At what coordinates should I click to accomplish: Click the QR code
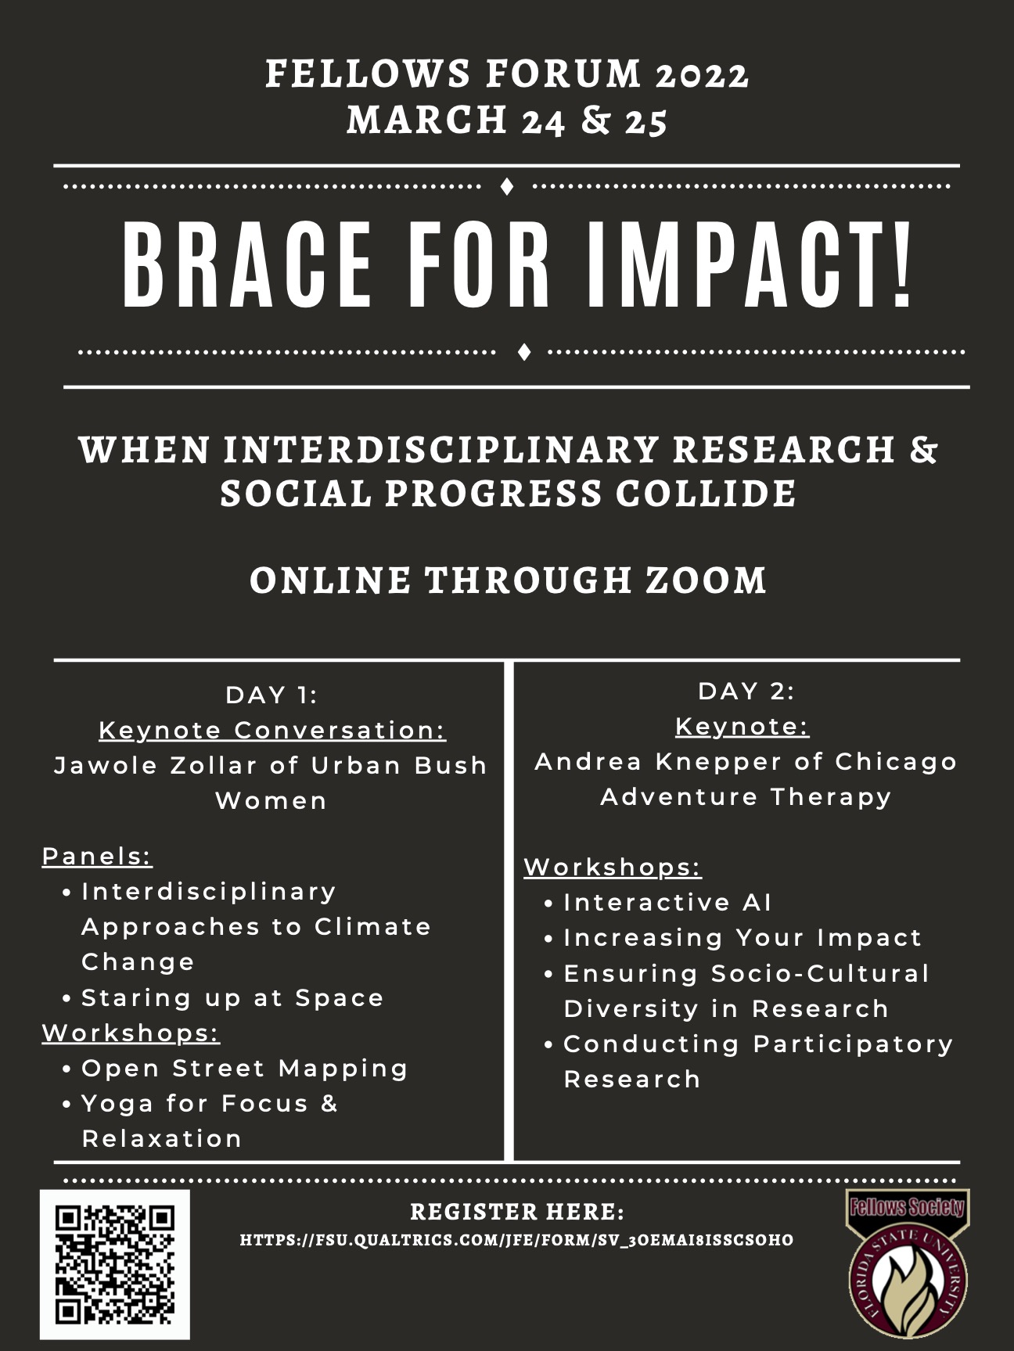tap(115, 1264)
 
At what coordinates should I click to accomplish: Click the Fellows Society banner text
tap(908, 1207)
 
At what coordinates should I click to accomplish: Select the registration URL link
tap(516, 1240)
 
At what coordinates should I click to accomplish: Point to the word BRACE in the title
tap(247, 266)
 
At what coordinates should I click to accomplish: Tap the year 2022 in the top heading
tap(703, 75)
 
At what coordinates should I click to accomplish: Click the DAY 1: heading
tap(271, 695)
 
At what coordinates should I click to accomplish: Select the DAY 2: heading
tap(746, 691)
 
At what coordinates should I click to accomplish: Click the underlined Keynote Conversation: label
tap(272, 731)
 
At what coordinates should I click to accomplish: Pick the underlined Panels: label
tap(97, 857)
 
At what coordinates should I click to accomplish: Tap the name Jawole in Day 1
tap(105, 765)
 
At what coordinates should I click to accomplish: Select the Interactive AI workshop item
tap(667, 903)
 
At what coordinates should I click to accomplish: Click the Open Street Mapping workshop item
tap(245, 1069)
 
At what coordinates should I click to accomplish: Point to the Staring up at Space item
tap(232, 999)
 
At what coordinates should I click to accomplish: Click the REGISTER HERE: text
tap(517, 1212)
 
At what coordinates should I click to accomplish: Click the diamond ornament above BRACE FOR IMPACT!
tap(507, 187)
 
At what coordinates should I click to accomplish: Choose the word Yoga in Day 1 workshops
tap(117, 1105)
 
